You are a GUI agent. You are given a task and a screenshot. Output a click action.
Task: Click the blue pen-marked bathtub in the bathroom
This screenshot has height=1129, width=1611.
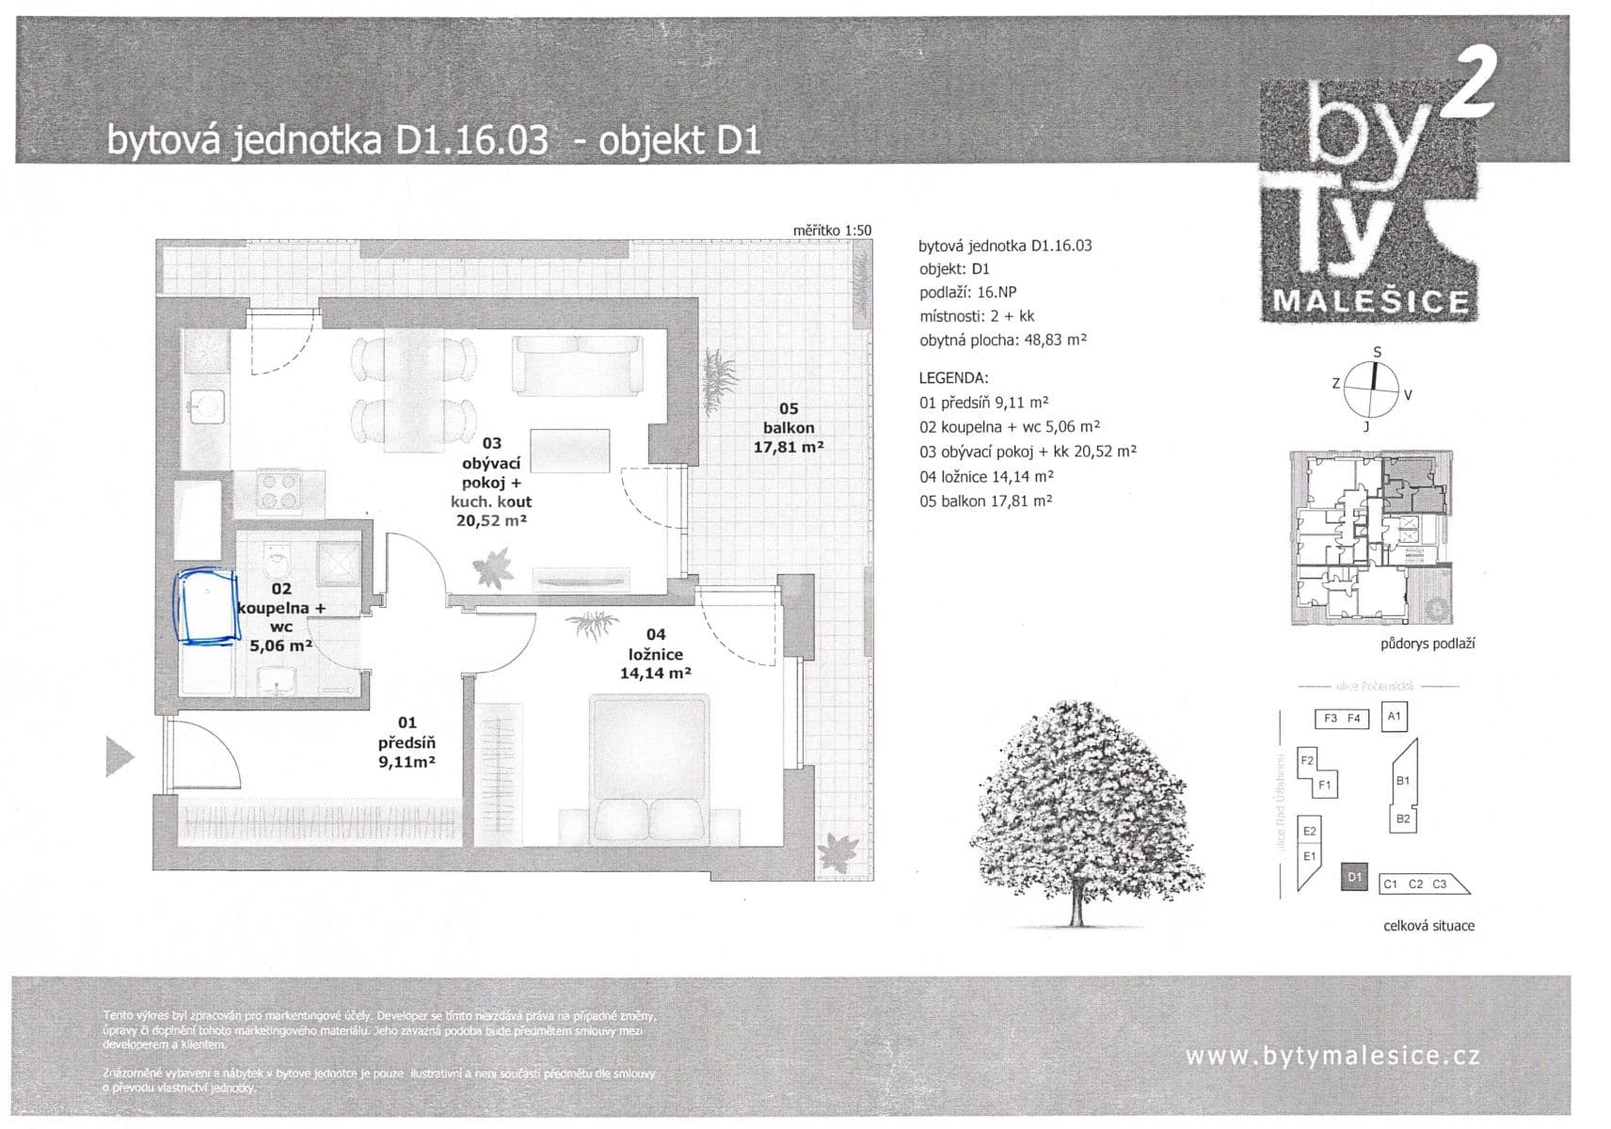point(205,607)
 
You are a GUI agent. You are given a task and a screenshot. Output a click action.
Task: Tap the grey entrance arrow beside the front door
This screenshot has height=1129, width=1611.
point(119,756)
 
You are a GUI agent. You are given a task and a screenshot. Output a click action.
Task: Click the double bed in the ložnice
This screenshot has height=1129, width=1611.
point(648,770)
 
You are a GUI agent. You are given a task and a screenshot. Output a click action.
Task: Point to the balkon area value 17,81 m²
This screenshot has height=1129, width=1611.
point(788,448)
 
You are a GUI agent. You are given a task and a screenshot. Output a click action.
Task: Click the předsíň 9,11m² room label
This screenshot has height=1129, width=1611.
point(407,742)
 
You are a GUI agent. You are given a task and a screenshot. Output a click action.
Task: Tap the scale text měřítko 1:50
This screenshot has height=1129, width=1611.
point(832,231)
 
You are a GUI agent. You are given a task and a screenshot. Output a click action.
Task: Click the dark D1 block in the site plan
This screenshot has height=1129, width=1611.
point(1354,877)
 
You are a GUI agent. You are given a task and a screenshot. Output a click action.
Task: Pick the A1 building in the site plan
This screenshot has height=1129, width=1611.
point(1394,716)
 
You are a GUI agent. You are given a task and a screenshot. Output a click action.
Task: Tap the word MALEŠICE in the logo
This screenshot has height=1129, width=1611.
point(1370,302)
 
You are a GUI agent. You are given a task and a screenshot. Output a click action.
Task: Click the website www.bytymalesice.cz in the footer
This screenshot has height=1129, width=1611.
point(1332,1056)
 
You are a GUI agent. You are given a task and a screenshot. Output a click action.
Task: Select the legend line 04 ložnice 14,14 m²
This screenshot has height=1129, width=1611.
point(985,476)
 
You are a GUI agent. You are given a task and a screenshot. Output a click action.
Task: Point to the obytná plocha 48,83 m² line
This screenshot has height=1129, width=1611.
point(1002,341)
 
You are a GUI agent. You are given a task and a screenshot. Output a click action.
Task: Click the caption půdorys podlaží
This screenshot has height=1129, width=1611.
point(1427,644)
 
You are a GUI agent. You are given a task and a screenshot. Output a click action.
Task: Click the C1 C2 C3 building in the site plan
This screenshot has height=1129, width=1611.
point(1422,883)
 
